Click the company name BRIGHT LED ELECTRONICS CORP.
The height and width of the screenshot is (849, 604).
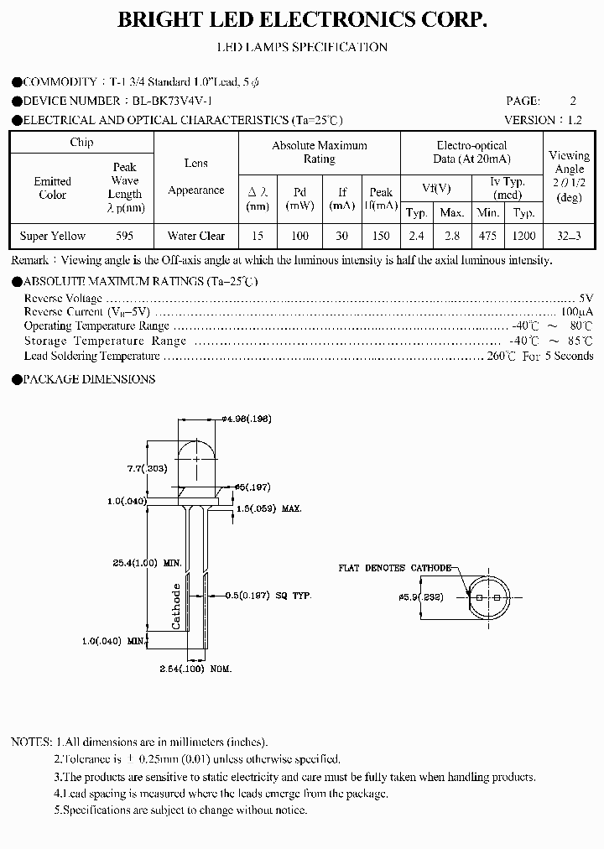click(x=302, y=21)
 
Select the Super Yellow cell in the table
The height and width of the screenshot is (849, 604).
click(x=52, y=236)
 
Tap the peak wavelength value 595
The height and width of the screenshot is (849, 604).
click(x=124, y=236)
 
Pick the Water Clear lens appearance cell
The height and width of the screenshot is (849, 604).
click(x=195, y=236)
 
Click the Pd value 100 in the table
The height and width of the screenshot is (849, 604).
click(x=299, y=236)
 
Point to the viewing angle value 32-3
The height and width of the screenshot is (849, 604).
click(x=569, y=236)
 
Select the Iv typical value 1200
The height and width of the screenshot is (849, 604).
click(x=524, y=236)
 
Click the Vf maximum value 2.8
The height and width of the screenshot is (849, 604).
click(x=452, y=236)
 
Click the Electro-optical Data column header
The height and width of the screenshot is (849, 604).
click(x=471, y=152)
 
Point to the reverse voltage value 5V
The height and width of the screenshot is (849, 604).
click(x=586, y=298)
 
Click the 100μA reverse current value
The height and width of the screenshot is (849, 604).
click(x=579, y=311)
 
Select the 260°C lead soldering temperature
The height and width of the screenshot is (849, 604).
click(x=502, y=356)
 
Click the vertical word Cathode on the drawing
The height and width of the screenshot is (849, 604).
click(x=177, y=606)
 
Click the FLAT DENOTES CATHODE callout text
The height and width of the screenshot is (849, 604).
click(x=394, y=568)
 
